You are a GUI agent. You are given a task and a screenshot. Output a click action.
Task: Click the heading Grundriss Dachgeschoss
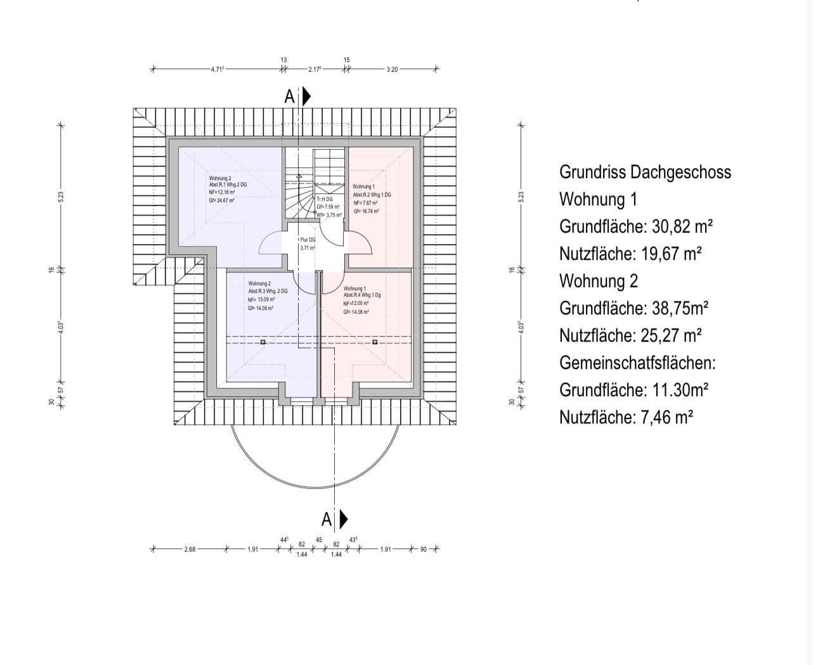(645, 172)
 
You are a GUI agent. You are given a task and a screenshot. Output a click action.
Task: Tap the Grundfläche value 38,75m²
(680, 309)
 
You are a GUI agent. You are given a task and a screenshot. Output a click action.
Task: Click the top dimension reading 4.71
(217, 70)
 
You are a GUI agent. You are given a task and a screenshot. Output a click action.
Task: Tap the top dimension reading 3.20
(391, 70)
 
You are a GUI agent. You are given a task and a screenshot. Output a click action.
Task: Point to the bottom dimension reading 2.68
(189, 550)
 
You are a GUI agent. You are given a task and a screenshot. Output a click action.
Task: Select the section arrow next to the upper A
(307, 96)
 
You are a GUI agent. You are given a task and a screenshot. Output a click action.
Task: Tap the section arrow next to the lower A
(344, 520)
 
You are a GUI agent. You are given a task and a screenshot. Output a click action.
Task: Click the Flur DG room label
(308, 240)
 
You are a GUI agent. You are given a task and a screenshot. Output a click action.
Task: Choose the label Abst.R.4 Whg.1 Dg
(363, 295)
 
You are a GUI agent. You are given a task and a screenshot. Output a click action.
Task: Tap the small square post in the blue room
(263, 342)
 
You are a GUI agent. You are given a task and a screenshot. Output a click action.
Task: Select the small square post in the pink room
(375, 342)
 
